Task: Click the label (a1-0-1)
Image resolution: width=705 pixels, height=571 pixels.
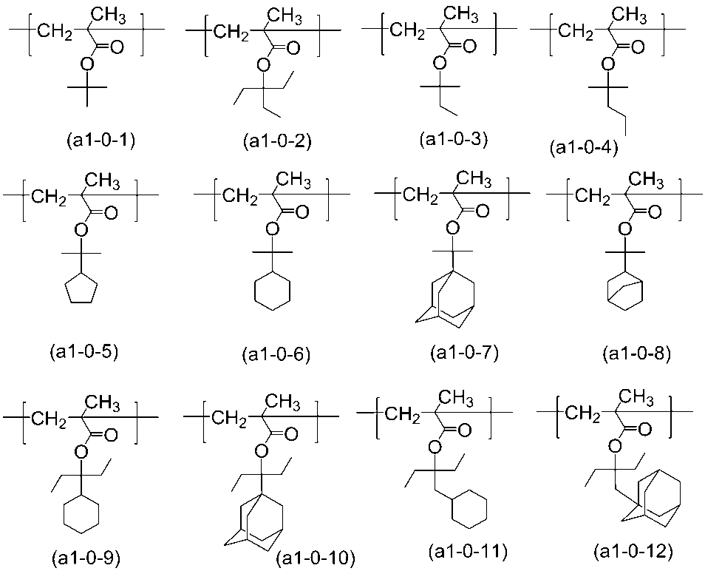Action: pyautogui.click(x=101, y=141)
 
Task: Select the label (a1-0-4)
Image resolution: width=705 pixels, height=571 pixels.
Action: pyautogui.click(x=584, y=149)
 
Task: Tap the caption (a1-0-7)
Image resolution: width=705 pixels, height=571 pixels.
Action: pyautogui.click(x=464, y=353)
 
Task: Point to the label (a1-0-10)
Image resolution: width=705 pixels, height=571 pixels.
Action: pyautogui.click(x=316, y=558)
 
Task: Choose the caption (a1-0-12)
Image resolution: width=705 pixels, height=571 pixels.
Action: pyautogui.click(x=633, y=551)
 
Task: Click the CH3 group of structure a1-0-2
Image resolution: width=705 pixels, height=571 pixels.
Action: pyautogui.click(x=285, y=17)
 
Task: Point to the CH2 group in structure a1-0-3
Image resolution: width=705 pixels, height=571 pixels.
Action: pyautogui.click(x=407, y=32)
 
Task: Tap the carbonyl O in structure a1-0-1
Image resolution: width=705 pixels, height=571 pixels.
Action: pyautogui.click(x=117, y=47)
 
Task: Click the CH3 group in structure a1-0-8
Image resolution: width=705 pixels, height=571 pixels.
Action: pyautogui.click(x=646, y=181)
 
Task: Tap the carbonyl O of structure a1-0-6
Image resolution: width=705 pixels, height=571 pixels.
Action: pyautogui.click(x=302, y=212)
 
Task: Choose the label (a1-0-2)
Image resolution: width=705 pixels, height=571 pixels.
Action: pyautogui.click(x=277, y=141)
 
